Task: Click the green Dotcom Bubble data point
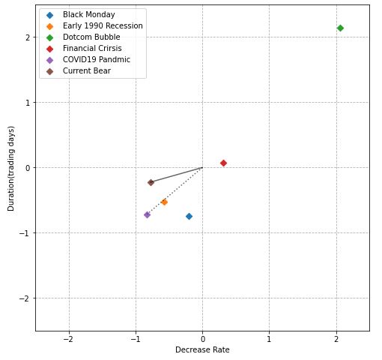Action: click(x=340, y=28)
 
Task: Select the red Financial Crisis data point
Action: click(x=223, y=163)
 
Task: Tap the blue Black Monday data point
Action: click(x=189, y=216)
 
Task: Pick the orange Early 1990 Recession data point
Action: click(x=164, y=202)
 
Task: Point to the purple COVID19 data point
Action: click(x=147, y=214)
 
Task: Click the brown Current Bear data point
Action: click(x=151, y=182)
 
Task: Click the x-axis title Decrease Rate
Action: click(x=202, y=349)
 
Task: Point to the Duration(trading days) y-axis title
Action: click(x=11, y=168)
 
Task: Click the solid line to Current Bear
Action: click(x=177, y=175)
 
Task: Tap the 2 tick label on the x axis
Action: click(x=336, y=338)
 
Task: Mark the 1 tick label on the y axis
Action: click(x=26, y=102)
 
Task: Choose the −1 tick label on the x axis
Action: click(x=136, y=338)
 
